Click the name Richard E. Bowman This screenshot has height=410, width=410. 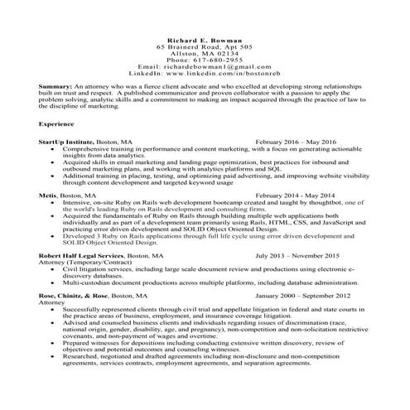pos(205,41)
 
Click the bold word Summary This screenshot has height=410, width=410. pos(55,86)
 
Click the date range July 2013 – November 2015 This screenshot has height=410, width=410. pos(297,256)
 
